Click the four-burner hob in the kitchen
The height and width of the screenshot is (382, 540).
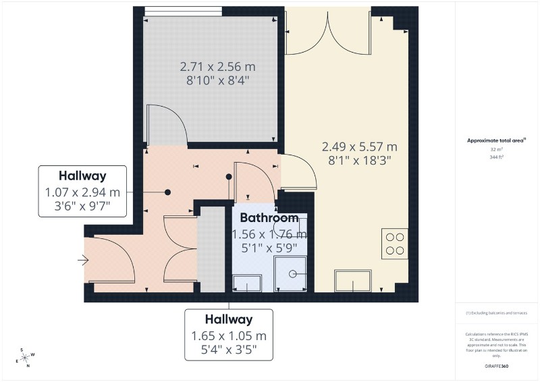394,244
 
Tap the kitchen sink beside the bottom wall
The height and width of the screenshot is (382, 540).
354,280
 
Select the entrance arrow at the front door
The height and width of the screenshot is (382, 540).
84,259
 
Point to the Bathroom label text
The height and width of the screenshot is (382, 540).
269,219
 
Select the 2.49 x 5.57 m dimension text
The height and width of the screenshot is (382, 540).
359,146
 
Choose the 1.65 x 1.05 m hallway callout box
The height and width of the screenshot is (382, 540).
230,335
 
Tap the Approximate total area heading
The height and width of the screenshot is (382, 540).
497,140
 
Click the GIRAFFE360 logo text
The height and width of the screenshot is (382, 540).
497,365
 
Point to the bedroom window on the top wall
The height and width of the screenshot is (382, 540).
184,10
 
